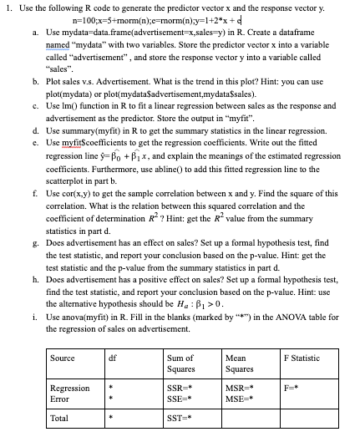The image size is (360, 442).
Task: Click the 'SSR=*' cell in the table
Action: pyautogui.click(x=181, y=389)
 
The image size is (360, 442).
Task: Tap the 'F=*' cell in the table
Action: pyautogui.click(x=293, y=389)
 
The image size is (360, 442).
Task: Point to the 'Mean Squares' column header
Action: pyautogui.click(x=241, y=363)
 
